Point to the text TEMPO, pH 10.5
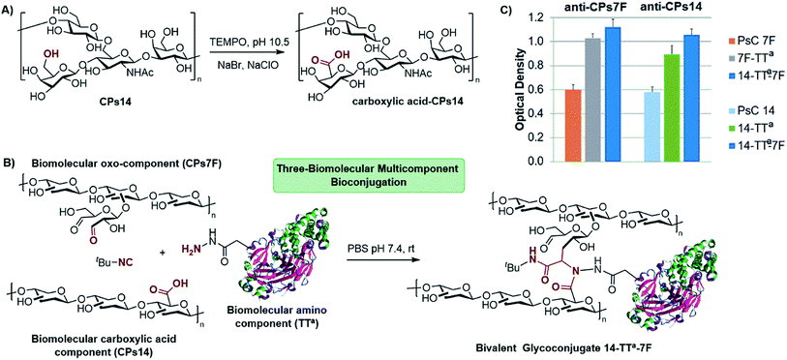point(251,41)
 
